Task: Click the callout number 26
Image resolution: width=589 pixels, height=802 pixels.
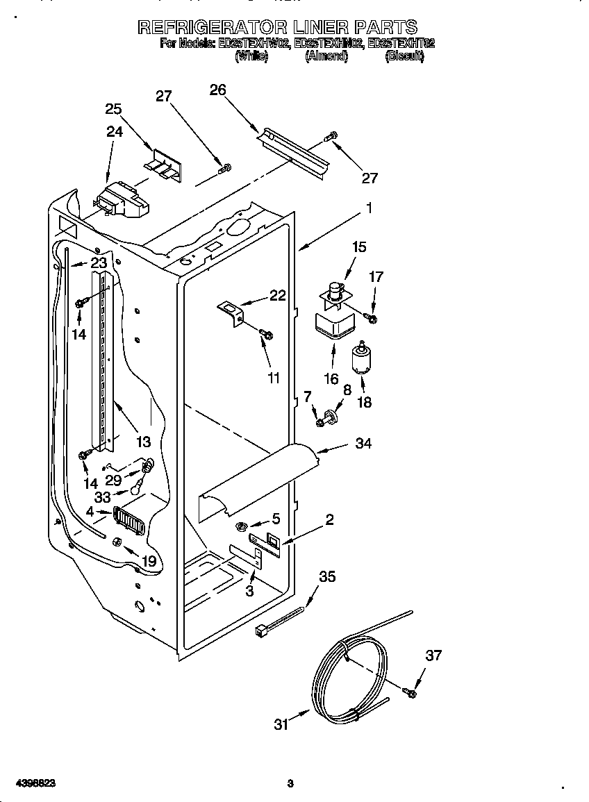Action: point(217,90)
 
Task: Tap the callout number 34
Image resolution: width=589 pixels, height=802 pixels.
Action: point(363,444)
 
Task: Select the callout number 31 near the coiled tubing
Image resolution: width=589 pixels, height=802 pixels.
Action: point(281,724)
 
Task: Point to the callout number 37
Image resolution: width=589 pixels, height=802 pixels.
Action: point(433,655)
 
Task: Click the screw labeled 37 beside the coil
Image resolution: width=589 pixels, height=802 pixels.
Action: point(410,692)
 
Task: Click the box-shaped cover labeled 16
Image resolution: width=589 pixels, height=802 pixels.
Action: point(331,326)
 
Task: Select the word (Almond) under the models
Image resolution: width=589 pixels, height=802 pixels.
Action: point(326,57)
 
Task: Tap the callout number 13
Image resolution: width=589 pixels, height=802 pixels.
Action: point(143,442)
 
